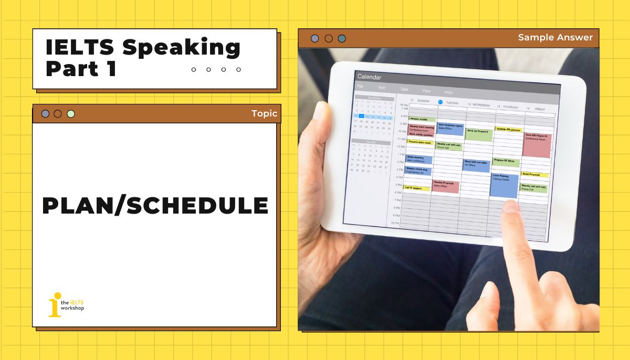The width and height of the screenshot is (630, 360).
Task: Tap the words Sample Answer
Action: pyautogui.click(x=555, y=37)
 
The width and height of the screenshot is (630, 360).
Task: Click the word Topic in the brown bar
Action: pyautogui.click(x=264, y=113)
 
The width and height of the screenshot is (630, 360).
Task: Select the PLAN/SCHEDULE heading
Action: pyautogui.click(x=155, y=206)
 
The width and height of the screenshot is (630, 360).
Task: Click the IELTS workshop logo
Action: pyautogui.click(x=66, y=305)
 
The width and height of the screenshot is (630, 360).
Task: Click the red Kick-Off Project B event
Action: pyautogui.click(x=537, y=145)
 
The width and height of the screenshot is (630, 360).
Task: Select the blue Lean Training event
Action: pyautogui.click(x=504, y=185)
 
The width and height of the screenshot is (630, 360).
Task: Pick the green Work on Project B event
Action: pyautogui.click(x=479, y=134)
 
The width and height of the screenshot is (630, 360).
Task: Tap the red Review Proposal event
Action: pyautogui.click(x=445, y=186)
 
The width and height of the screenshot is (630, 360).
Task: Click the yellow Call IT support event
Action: pyautogui.click(x=417, y=188)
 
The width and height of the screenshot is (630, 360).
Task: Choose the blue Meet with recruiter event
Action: pyautogui.click(x=476, y=165)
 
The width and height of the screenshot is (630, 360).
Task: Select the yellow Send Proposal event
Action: pyautogui.click(x=534, y=174)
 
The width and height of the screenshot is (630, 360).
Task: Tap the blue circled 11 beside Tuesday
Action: pyautogui.click(x=440, y=102)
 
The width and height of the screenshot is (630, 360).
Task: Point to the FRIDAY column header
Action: pyautogui.click(x=540, y=109)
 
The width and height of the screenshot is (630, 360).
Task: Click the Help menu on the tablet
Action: pyautogui.click(x=448, y=92)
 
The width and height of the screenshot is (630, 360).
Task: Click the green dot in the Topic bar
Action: pyautogui.click(x=71, y=114)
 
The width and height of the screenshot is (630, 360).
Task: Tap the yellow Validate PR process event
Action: pyautogui.click(x=508, y=130)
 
